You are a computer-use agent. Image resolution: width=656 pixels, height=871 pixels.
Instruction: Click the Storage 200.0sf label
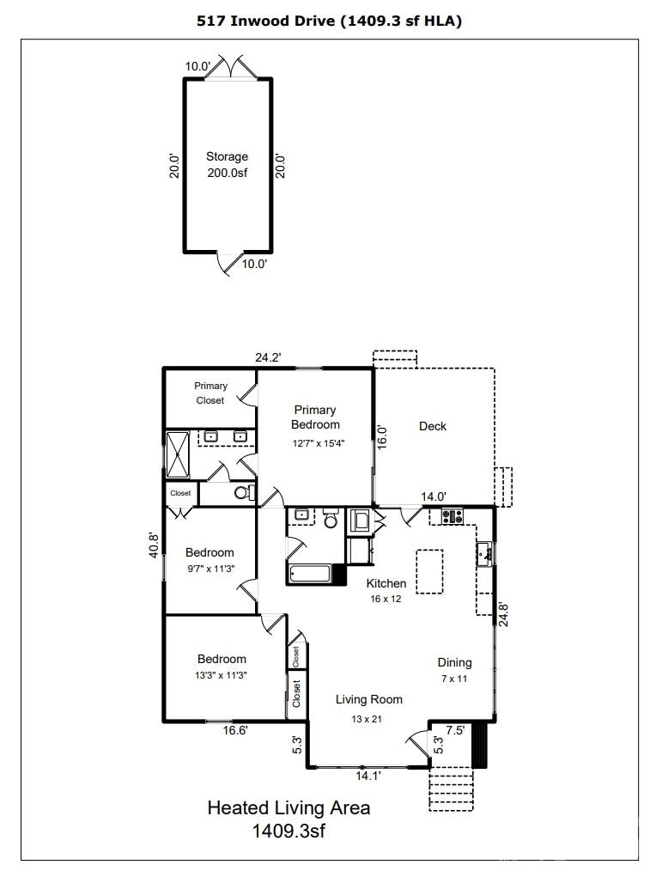227,164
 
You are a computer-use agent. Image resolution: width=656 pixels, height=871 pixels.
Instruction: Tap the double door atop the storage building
228,68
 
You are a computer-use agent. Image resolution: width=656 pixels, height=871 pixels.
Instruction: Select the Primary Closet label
210,393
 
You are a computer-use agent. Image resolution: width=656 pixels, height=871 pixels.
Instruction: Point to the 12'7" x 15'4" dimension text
315,443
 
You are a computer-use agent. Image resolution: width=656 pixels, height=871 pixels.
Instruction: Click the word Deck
433,426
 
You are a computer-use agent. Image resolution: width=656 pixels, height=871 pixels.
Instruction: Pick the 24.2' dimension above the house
269,357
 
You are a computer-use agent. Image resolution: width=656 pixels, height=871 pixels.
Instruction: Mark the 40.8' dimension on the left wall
154,546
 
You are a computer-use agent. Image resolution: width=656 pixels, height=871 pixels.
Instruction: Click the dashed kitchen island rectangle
429,571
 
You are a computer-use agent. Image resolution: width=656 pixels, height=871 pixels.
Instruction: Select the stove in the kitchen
452,516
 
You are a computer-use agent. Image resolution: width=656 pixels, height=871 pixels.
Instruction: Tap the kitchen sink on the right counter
485,553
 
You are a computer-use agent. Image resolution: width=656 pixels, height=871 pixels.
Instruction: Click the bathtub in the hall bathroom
310,575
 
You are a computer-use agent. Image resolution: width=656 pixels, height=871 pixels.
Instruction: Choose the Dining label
454,662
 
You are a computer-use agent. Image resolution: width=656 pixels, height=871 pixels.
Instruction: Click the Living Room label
368,699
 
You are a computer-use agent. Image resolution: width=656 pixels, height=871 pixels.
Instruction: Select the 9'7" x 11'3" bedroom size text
210,568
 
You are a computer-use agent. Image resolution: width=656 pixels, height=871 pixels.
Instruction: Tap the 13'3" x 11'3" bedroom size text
222,674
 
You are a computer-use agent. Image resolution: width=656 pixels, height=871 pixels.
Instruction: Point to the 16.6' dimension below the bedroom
236,730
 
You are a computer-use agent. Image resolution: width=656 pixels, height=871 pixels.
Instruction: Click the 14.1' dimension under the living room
367,776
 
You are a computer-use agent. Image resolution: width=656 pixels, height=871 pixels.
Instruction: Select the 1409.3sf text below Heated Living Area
289,831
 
